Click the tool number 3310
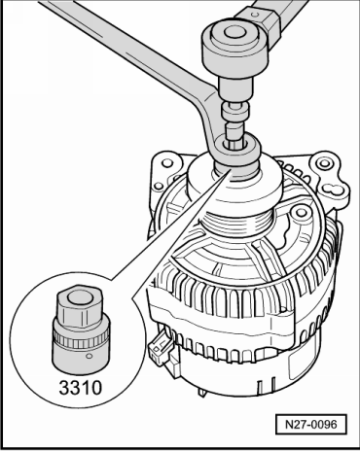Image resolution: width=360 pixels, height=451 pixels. point(80,388)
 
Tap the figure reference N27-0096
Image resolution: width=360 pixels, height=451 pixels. point(311,424)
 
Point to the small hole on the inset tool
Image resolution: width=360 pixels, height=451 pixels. point(90,356)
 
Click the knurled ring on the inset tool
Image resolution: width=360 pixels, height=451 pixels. point(80,337)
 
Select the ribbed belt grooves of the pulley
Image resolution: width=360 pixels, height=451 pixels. point(236,223)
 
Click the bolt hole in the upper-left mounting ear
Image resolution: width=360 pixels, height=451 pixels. point(167,162)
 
